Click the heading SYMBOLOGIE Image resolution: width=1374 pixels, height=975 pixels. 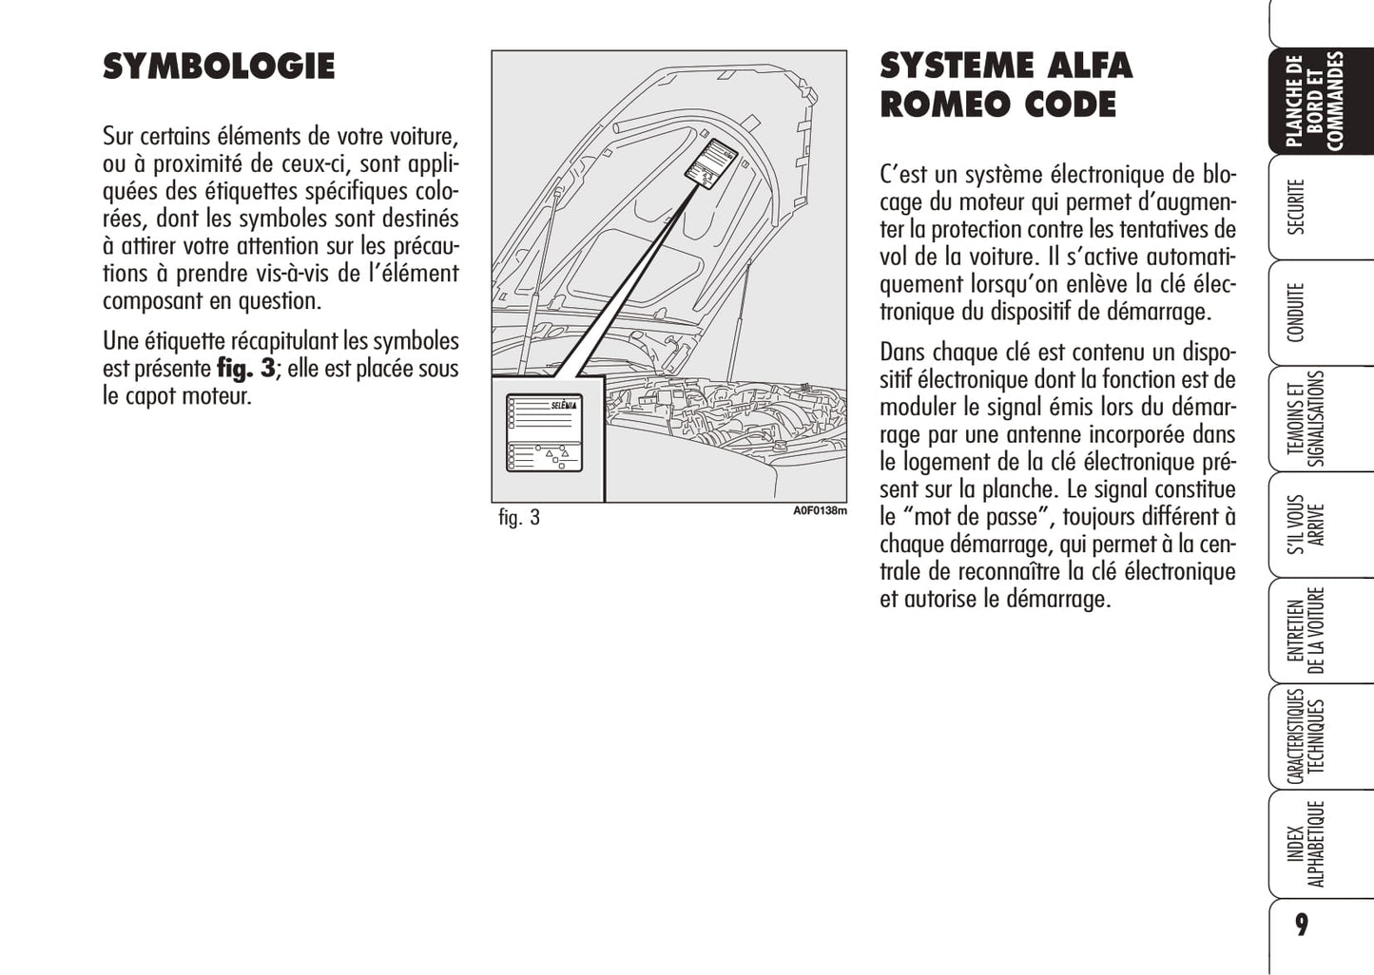point(219,67)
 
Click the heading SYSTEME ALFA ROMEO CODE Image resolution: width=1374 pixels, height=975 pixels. point(1005,85)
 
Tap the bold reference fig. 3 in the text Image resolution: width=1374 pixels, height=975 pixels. point(246,369)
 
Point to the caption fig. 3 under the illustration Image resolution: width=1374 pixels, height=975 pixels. point(519,518)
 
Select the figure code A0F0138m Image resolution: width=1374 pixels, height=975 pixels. point(820,511)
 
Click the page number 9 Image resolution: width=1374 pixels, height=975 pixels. point(1301,925)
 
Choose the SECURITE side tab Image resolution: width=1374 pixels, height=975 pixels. point(1296,206)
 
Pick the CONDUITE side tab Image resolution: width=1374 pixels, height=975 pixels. point(1296,312)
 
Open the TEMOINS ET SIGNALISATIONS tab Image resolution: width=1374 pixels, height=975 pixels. point(1306,419)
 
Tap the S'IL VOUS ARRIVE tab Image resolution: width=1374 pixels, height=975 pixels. point(1306,524)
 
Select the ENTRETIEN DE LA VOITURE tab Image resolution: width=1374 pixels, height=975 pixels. point(1306,630)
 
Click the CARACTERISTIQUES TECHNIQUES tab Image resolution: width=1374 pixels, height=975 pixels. point(1306,736)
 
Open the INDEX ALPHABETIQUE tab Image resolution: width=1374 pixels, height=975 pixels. point(1306,844)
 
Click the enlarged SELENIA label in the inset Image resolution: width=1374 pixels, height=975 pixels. point(544,432)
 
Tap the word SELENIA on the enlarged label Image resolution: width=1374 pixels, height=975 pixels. point(563,406)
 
